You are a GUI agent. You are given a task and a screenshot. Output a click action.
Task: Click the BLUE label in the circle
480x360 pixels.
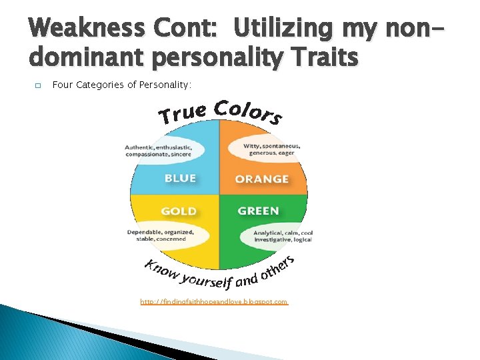[x=180, y=178]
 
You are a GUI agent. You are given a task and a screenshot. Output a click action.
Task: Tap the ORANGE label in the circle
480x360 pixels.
[x=261, y=179]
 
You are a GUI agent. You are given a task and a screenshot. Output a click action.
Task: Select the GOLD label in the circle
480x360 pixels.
[x=179, y=211]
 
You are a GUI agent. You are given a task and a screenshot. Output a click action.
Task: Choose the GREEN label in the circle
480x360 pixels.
[x=258, y=211]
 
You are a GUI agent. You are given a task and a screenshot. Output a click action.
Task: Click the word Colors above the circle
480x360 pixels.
[x=249, y=111]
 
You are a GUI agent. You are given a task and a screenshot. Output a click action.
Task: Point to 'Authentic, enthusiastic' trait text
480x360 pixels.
[x=159, y=147]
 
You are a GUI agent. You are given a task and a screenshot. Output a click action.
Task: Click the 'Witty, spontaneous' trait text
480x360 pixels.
[x=272, y=146]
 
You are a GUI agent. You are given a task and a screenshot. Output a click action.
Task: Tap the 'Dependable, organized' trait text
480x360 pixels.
[x=160, y=232]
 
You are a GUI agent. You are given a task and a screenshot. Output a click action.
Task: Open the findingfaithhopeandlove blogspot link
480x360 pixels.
[x=214, y=302]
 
